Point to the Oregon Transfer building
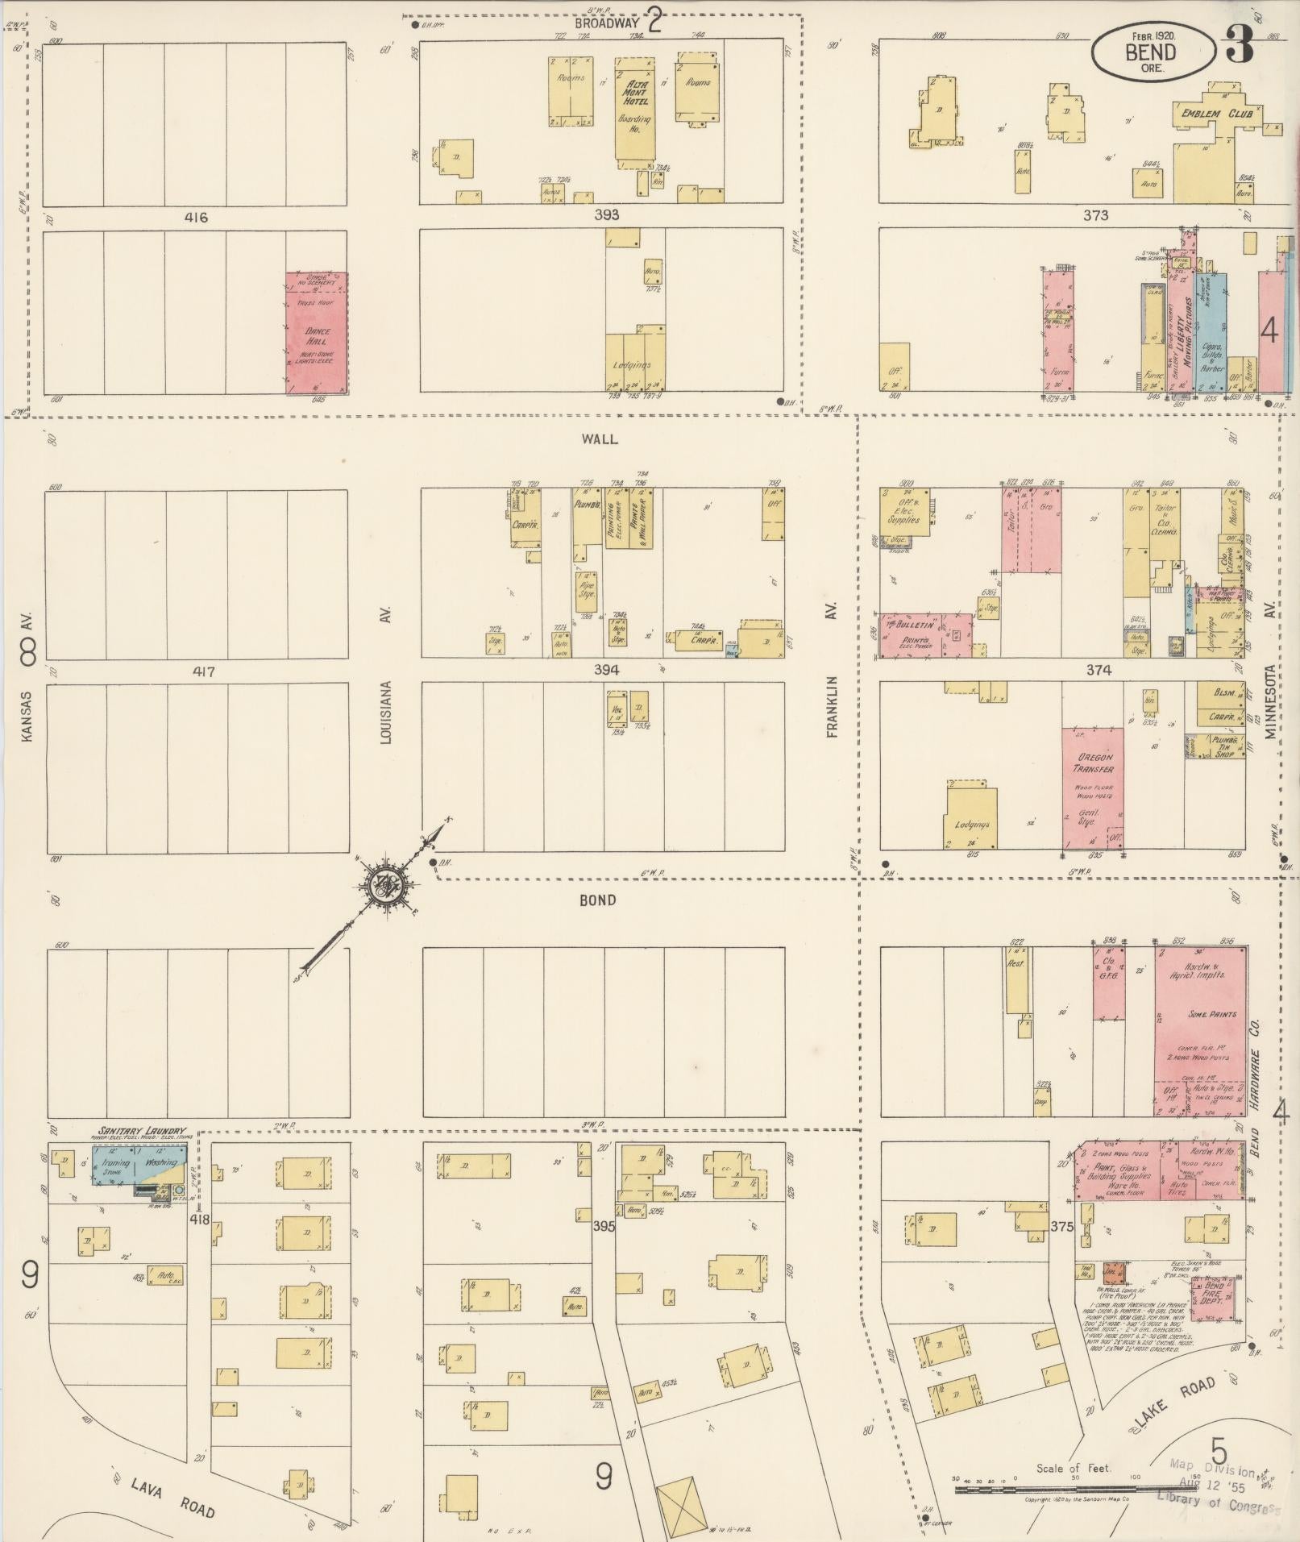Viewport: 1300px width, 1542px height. click(1093, 788)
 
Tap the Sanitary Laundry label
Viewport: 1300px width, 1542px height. click(142, 1132)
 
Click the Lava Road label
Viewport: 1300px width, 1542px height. click(164, 1498)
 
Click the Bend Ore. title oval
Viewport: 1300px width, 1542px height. click(1153, 50)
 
